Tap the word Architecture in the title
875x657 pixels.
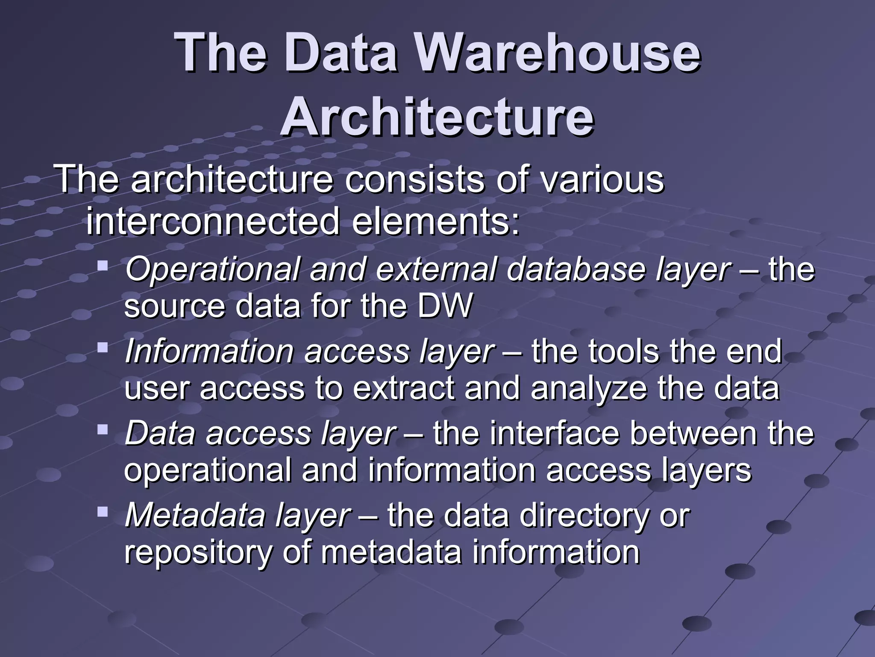click(x=437, y=116)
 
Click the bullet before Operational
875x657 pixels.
click(x=103, y=265)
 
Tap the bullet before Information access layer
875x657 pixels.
click(x=103, y=347)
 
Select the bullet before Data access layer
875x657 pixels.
click(x=103, y=429)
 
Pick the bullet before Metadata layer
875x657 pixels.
click(x=103, y=511)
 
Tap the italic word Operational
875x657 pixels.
click(x=214, y=270)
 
